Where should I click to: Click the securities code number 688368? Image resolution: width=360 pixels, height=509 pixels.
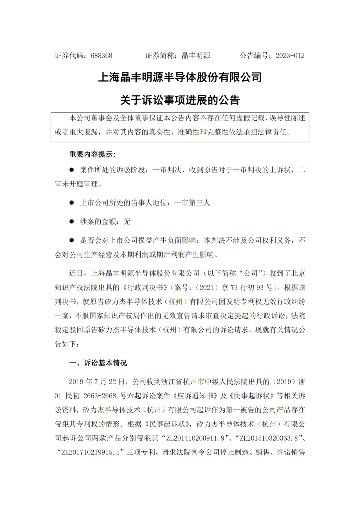tap(101, 56)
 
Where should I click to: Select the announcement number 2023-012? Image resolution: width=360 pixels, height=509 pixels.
tap(290, 56)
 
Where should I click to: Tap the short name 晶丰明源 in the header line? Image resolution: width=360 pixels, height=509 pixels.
tap(196, 56)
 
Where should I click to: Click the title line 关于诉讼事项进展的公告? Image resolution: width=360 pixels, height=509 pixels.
tap(180, 100)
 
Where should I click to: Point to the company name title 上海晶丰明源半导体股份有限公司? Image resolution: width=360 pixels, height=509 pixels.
tap(180, 77)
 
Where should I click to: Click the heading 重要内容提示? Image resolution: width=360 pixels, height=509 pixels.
tap(92, 154)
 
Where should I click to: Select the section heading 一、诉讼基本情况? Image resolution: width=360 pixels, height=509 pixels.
tap(98, 363)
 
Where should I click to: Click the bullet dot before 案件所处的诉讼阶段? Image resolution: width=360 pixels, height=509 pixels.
tap(71, 170)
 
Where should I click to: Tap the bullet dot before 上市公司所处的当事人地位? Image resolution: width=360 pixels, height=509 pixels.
tap(71, 202)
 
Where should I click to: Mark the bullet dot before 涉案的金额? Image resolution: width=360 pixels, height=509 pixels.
tap(71, 221)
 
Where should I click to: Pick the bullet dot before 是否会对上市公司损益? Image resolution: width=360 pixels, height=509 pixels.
tap(71, 240)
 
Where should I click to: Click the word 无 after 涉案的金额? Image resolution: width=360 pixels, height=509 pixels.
tap(127, 221)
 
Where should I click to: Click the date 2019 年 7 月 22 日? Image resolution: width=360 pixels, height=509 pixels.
tap(97, 382)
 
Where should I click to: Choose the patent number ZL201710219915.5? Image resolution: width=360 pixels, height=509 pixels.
tap(91, 452)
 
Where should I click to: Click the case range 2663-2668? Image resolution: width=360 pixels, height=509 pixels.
tap(100, 396)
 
